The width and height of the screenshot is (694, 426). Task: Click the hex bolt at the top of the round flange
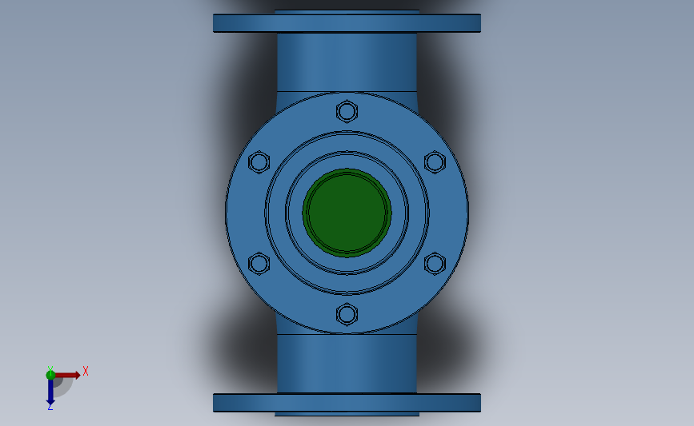[347, 110]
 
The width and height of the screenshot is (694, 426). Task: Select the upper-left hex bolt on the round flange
[259, 162]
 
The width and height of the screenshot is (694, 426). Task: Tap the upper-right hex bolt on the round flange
[434, 162]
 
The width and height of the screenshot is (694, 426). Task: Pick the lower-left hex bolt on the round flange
[259, 264]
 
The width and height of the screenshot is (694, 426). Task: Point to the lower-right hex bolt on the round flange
[434, 264]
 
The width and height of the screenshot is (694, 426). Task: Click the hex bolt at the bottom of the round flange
[347, 314]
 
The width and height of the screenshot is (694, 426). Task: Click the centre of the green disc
[347, 212]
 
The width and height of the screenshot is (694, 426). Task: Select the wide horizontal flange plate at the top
[347, 23]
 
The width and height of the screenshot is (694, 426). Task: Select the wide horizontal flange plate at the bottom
[347, 403]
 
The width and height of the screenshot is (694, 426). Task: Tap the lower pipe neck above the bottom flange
[347, 364]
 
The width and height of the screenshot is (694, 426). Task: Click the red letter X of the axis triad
[86, 371]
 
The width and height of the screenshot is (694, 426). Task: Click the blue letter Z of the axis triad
[50, 407]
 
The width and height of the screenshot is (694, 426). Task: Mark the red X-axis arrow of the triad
[68, 375]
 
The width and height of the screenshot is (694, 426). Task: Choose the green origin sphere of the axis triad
[50, 375]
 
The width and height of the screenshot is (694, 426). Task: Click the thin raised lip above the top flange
[347, 11]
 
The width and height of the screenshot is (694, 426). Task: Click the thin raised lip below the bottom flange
[347, 414]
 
